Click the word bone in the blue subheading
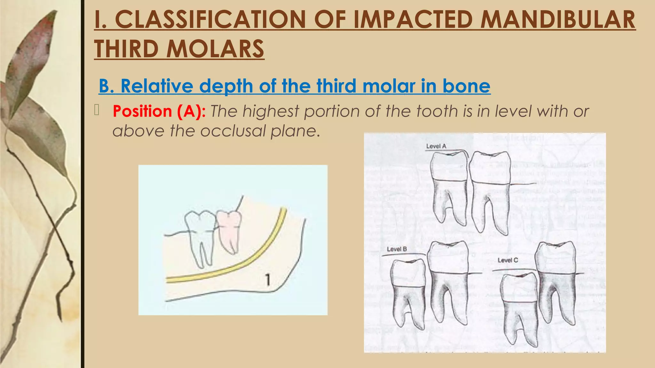click(x=466, y=86)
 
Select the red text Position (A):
click(x=159, y=111)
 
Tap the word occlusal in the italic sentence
click(x=233, y=131)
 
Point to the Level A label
click(x=436, y=146)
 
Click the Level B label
click(x=397, y=249)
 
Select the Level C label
click(x=508, y=260)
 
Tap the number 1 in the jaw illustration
click(x=268, y=280)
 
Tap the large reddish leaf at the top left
click(x=32, y=57)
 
